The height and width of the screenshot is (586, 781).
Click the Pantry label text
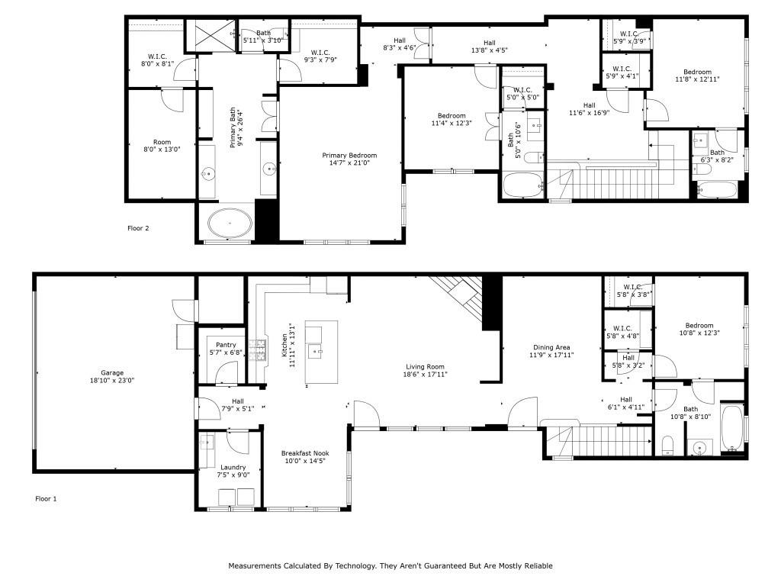pos(226,345)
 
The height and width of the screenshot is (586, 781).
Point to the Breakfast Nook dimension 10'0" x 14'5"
pos(305,461)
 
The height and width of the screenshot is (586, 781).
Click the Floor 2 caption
pos(138,228)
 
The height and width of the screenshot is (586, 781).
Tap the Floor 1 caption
pos(46,498)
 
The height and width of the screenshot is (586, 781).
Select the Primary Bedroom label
pos(349,156)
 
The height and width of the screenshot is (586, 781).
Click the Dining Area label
pos(551,347)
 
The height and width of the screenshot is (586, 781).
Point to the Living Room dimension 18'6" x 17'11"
pos(425,374)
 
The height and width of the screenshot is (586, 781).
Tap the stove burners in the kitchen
pos(259,349)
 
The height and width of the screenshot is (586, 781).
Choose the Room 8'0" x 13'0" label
pos(162,146)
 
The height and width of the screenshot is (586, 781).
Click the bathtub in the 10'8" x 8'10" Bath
pos(732,428)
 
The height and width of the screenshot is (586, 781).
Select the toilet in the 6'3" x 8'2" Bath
pos(702,169)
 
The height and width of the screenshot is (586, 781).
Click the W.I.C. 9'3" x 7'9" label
pos(320,56)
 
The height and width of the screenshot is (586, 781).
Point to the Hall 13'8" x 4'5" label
pos(489,47)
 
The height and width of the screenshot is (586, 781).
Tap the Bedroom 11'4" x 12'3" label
pos(452,119)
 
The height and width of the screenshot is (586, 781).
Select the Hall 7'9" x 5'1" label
pos(238,404)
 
